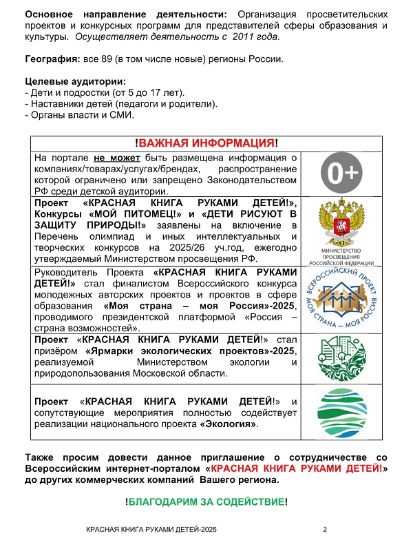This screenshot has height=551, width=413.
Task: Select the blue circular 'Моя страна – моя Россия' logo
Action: pyautogui.click(x=343, y=298)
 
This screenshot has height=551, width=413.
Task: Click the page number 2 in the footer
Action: pyautogui.click(x=324, y=530)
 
